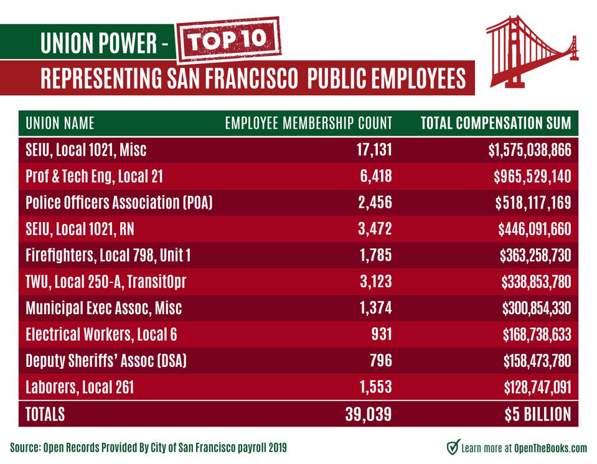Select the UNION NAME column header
(x=60, y=123)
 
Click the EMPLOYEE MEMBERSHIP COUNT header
(x=308, y=123)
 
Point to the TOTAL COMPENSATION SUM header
(x=496, y=123)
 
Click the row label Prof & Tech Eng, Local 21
(x=95, y=177)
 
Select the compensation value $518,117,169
(x=534, y=203)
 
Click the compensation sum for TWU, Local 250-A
(x=535, y=282)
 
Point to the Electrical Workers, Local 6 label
(x=101, y=335)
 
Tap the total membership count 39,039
(x=368, y=414)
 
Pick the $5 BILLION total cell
(x=531, y=414)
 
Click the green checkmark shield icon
(x=453, y=447)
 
